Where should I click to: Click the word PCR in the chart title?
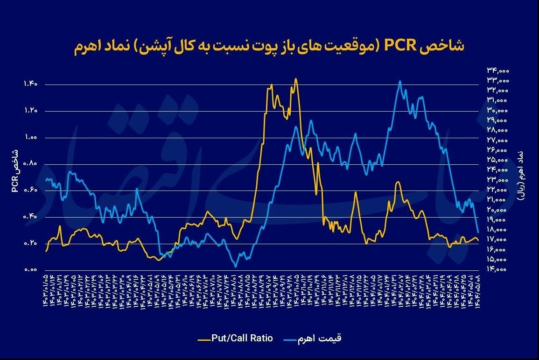(x=400, y=47)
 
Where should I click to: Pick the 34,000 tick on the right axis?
(x=498, y=71)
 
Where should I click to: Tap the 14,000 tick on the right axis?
(x=498, y=269)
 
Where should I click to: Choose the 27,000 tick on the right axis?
(x=498, y=140)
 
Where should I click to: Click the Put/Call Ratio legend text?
(x=242, y=338)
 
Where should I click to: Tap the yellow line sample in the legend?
(x=204, y=338)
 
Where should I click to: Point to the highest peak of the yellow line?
(x=295, y=78)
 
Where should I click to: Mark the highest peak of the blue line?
(x=400, y=81)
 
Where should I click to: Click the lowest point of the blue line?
(x=236, y=267)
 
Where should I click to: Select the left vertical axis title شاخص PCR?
(x=14, y=170)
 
